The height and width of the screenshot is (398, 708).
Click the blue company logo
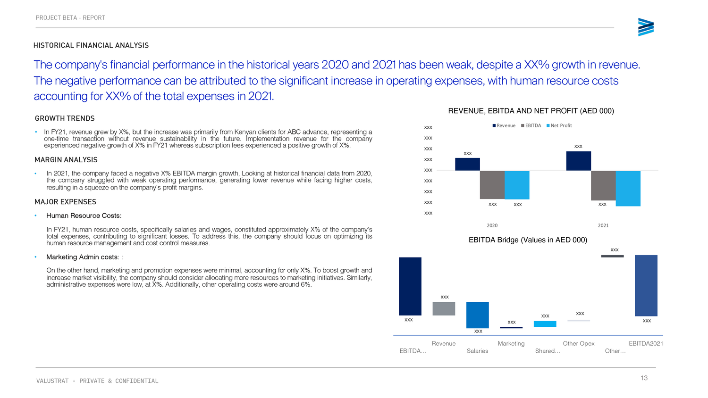(646, 27)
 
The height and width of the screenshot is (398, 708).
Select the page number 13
(644, 378)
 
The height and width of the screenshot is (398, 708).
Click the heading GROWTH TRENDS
(65, 118)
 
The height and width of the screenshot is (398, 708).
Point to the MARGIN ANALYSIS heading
(66, 160)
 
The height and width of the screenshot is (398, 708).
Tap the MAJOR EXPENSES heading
(65, 202)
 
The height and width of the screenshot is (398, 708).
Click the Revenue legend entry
(504, 125)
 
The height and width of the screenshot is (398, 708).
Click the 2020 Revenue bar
(467, 164)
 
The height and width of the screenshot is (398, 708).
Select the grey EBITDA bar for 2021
(603, 185)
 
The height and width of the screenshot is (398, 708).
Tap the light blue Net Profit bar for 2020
(517, 185)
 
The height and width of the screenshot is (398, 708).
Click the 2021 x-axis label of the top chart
(603, 225)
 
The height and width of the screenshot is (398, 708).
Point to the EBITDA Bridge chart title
(528, 240)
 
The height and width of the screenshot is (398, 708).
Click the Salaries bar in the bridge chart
(478, 315)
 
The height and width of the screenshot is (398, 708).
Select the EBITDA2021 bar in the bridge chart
(646, 285)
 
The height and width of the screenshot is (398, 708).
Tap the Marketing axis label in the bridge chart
(511, 343)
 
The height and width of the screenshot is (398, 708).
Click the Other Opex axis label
(579, 343)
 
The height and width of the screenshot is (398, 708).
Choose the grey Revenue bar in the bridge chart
(444, 308)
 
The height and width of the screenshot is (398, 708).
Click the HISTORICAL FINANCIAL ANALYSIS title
(91, 45)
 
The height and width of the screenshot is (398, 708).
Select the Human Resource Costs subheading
(84, 216)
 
